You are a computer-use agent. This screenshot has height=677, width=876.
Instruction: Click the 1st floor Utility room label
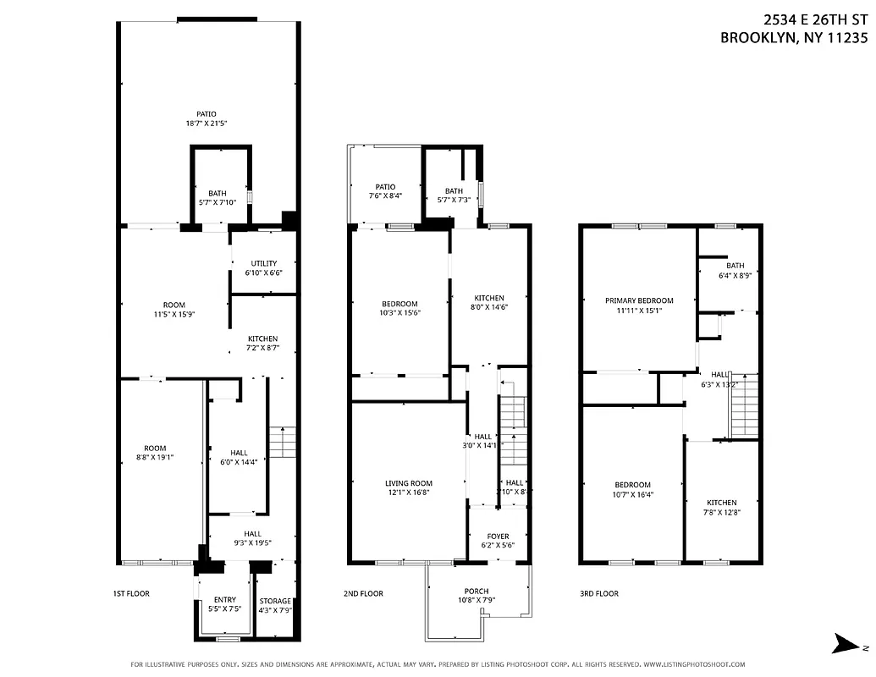[x=263, y=268]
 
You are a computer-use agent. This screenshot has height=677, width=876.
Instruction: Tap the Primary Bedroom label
[x=639, y=305]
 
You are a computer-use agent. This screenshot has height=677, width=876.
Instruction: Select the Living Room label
[x=409, y=487]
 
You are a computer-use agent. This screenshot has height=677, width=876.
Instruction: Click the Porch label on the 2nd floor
[x=477, y=596]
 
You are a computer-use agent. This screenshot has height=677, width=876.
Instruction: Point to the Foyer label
[x=498, y=541]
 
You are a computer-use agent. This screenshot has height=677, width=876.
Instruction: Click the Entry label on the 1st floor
[x=224, y=604]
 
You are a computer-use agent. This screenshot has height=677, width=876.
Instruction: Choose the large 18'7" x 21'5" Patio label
[x=207, y=118]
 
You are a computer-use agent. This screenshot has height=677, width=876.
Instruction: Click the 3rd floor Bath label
[x=735, y=270]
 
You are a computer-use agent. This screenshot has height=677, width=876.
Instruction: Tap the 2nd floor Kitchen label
[x=488, y=303]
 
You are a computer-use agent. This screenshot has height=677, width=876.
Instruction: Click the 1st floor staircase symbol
[x=282, y=442]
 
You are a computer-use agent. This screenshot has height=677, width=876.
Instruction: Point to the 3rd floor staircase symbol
[x=743, y=405]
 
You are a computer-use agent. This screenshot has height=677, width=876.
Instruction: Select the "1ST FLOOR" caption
[x=131, y=594]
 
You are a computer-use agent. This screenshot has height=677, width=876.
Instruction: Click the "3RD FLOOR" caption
[x=598, y=594]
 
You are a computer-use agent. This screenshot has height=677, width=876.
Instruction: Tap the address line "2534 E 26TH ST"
[x=816, y=20]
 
